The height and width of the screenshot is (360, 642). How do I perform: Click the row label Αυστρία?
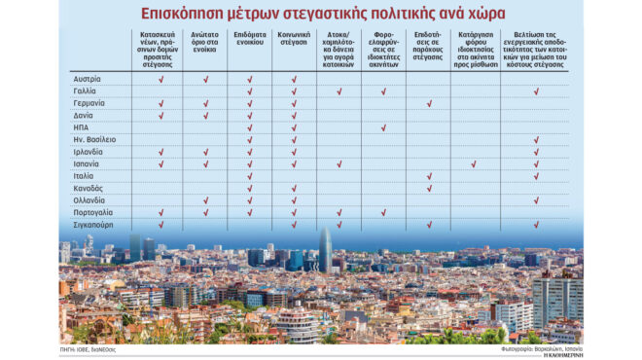point(88,79)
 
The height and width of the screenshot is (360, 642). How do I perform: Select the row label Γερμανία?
point(89,103)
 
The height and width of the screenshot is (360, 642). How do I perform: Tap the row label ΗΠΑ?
point(82,127)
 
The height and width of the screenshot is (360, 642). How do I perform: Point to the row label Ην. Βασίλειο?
point(95,140)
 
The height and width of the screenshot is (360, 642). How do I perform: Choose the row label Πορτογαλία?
point(93,212)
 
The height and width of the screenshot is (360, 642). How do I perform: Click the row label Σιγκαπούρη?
point(93,225)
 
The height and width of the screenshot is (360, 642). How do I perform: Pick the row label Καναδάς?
point(89,188)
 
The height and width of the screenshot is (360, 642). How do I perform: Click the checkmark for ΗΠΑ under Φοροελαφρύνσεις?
point(383,127)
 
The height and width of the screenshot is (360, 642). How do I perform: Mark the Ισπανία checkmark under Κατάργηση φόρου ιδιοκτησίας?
point(474,163)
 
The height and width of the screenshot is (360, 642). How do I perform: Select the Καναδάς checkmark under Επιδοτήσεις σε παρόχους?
point(429,188)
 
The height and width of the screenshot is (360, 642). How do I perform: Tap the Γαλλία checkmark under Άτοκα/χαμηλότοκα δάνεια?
point(339,91)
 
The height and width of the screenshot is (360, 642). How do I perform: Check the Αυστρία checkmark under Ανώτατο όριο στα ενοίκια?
point(205,79)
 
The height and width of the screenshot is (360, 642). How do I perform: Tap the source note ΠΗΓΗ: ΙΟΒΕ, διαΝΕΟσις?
point(89,347)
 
